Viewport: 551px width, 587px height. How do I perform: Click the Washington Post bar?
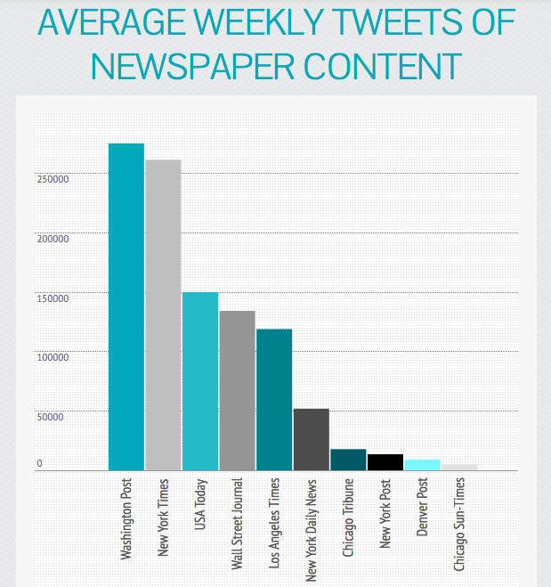coord(126,306)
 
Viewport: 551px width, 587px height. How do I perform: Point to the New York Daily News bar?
coord(312,439)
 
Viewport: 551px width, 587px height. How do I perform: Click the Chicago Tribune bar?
coord(348,460)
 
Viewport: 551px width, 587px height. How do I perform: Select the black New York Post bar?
coord(385,462)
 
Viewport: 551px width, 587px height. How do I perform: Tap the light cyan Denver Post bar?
coord(423,465)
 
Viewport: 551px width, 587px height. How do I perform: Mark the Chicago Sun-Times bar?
coord(459,467)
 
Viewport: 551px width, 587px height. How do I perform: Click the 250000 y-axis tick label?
coord(53,180)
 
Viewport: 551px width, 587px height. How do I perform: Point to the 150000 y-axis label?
coord(53,298)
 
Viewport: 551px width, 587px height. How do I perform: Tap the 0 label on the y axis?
coord(39,464)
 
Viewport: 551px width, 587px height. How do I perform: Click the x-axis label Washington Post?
coord(126,519)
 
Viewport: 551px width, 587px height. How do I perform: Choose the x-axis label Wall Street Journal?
coord(238,523)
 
